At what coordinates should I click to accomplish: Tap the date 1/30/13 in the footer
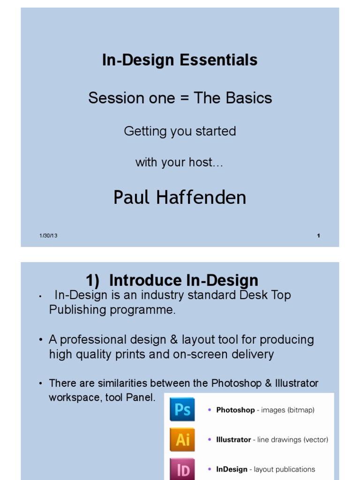[x=48, y=236]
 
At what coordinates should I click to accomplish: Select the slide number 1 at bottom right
[x=319, y=236]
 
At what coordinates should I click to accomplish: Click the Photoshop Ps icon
[x=182, y=410]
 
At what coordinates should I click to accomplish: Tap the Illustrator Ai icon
[x=182, y=440]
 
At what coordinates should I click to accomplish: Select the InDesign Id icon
[x=182, y=469]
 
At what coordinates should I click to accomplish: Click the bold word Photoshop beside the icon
[x=235, y=410]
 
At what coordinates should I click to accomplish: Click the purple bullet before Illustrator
[x=210, y=440]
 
